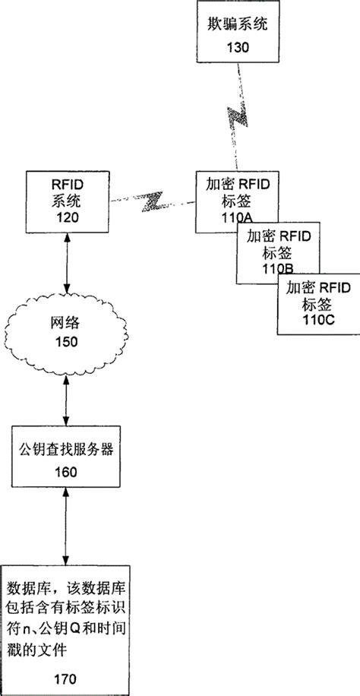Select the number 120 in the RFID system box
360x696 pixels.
coord(68,216)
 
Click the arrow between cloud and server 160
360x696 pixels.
coord(68,400)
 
